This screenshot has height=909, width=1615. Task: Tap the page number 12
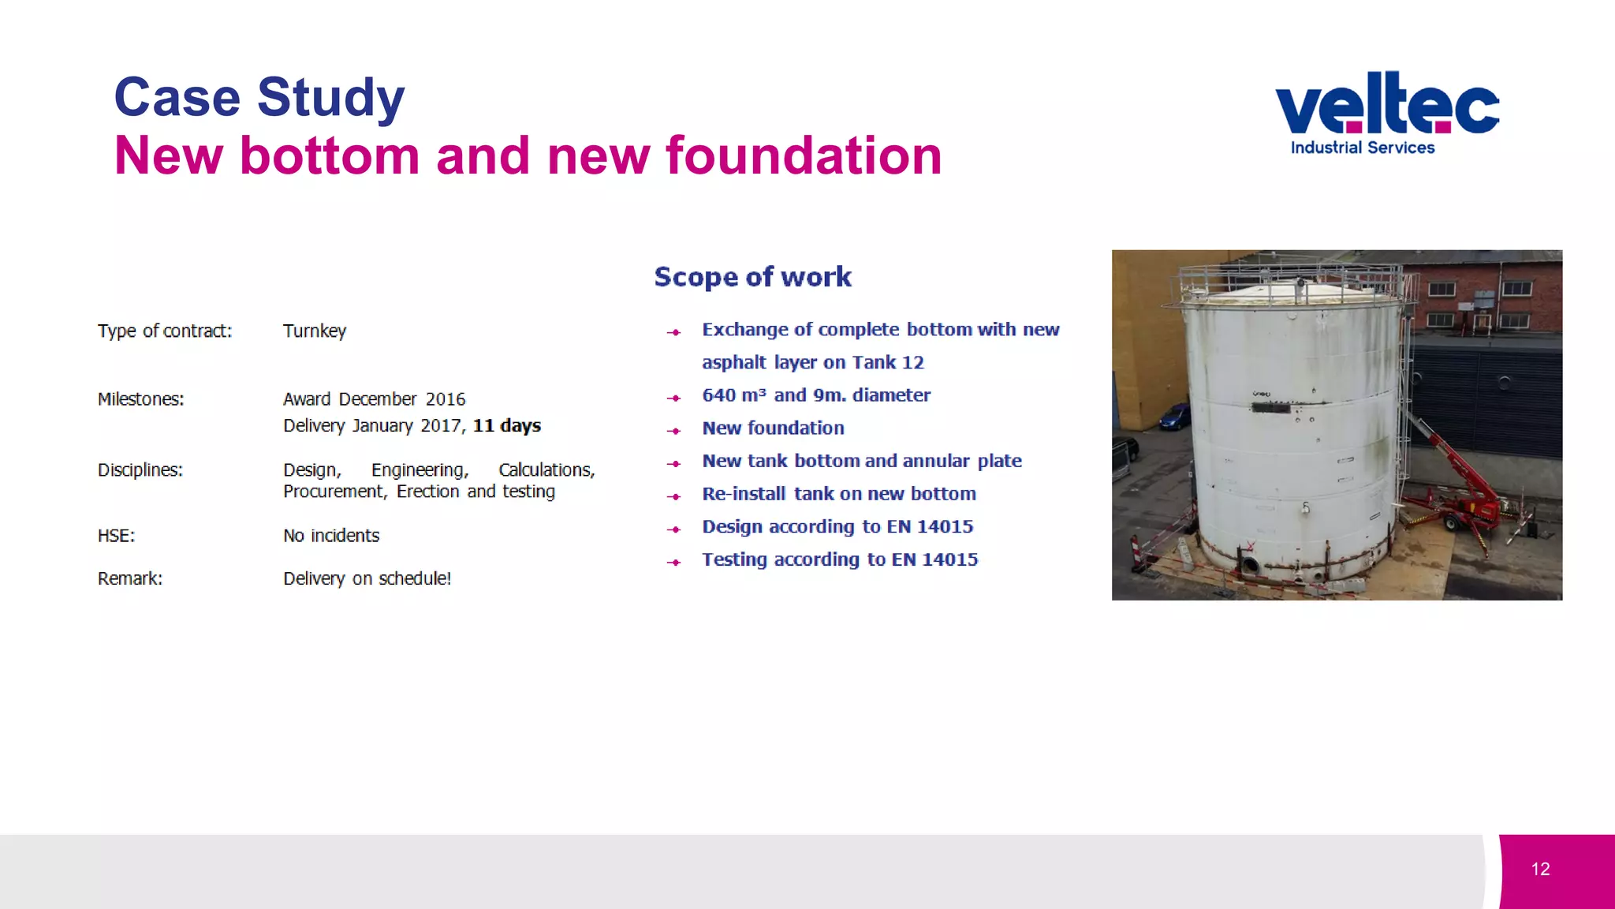point(1540,869)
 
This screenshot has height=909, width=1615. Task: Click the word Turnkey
point(315,331)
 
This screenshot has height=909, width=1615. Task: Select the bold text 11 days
point(506,425)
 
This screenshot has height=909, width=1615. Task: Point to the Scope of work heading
point(752,277)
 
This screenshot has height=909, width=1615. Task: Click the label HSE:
point(116,536)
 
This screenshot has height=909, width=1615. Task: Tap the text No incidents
point(331,536)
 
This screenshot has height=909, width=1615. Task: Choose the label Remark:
point(130,578)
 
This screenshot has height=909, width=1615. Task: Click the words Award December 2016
point(374,399)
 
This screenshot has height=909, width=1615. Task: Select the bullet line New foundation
point(773,428)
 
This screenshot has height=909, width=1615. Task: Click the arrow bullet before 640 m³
point(673,398)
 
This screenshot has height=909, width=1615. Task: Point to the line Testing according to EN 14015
point(840,559)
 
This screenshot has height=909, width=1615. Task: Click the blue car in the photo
point(1175,416)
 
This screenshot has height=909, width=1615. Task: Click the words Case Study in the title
point(259,97)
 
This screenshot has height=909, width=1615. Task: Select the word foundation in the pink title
point(804,155)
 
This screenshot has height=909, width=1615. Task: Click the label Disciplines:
point(140,470)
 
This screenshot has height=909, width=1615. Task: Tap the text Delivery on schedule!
point(367,578)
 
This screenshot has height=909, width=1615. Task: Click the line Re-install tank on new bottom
point(839,494)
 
